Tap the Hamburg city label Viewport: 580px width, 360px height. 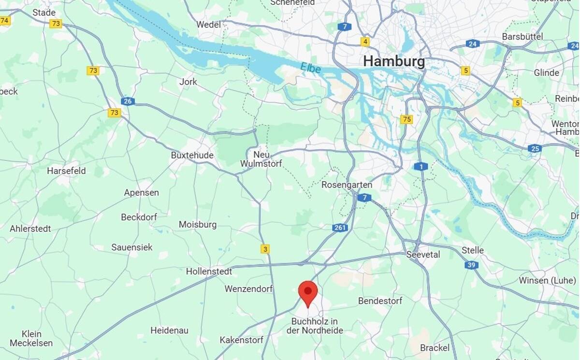point(394,61)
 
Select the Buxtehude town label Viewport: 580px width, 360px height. point(192,156)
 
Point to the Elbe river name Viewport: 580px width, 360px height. point(310,68)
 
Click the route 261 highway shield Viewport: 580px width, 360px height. point(340,228)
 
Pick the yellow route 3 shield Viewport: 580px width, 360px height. point(265,249)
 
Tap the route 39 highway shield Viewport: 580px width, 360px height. point(472,265)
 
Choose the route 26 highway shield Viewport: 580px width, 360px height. point(128,101)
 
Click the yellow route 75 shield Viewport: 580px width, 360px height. point(406,119)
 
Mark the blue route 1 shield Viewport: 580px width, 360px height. point(421,167)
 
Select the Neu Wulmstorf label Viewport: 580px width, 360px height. point(261,159)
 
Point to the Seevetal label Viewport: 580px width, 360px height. point(423,254)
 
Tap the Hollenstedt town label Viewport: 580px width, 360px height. point(209,272)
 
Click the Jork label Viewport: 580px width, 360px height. point(188,82)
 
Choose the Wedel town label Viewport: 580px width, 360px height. point(209,24)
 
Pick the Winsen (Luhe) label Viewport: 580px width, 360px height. point(547,280)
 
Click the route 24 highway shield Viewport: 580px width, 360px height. point(472,44)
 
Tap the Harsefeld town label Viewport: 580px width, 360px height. point(66,171)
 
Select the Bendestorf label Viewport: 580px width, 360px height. point(380,301)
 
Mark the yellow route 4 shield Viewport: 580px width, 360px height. point(365,42)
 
